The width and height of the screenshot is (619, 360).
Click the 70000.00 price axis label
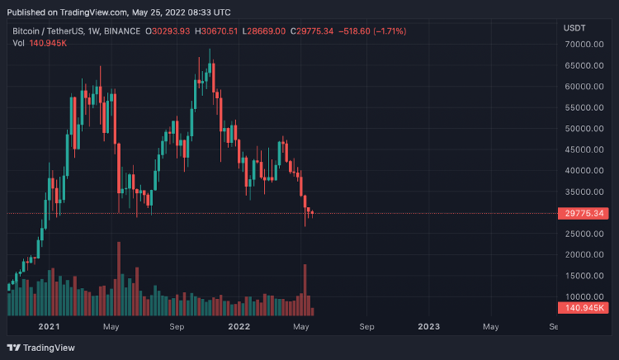(587, 66)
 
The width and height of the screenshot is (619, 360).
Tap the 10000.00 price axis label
(587, 296)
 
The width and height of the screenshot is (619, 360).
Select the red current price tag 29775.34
(587, 214)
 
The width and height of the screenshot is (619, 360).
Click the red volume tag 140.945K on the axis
(587, 307)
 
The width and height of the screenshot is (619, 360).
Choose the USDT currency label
(574, 28)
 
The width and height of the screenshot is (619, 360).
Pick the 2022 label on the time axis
(239, 327)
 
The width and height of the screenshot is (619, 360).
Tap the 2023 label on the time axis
(429, 327)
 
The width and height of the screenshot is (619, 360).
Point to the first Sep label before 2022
(177, 327)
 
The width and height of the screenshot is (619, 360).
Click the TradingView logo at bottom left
(41, 347)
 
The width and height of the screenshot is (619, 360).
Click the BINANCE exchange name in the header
(121, 31)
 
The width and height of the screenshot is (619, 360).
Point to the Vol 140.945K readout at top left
(40, 43)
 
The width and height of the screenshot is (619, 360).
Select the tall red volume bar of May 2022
(305, 290)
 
